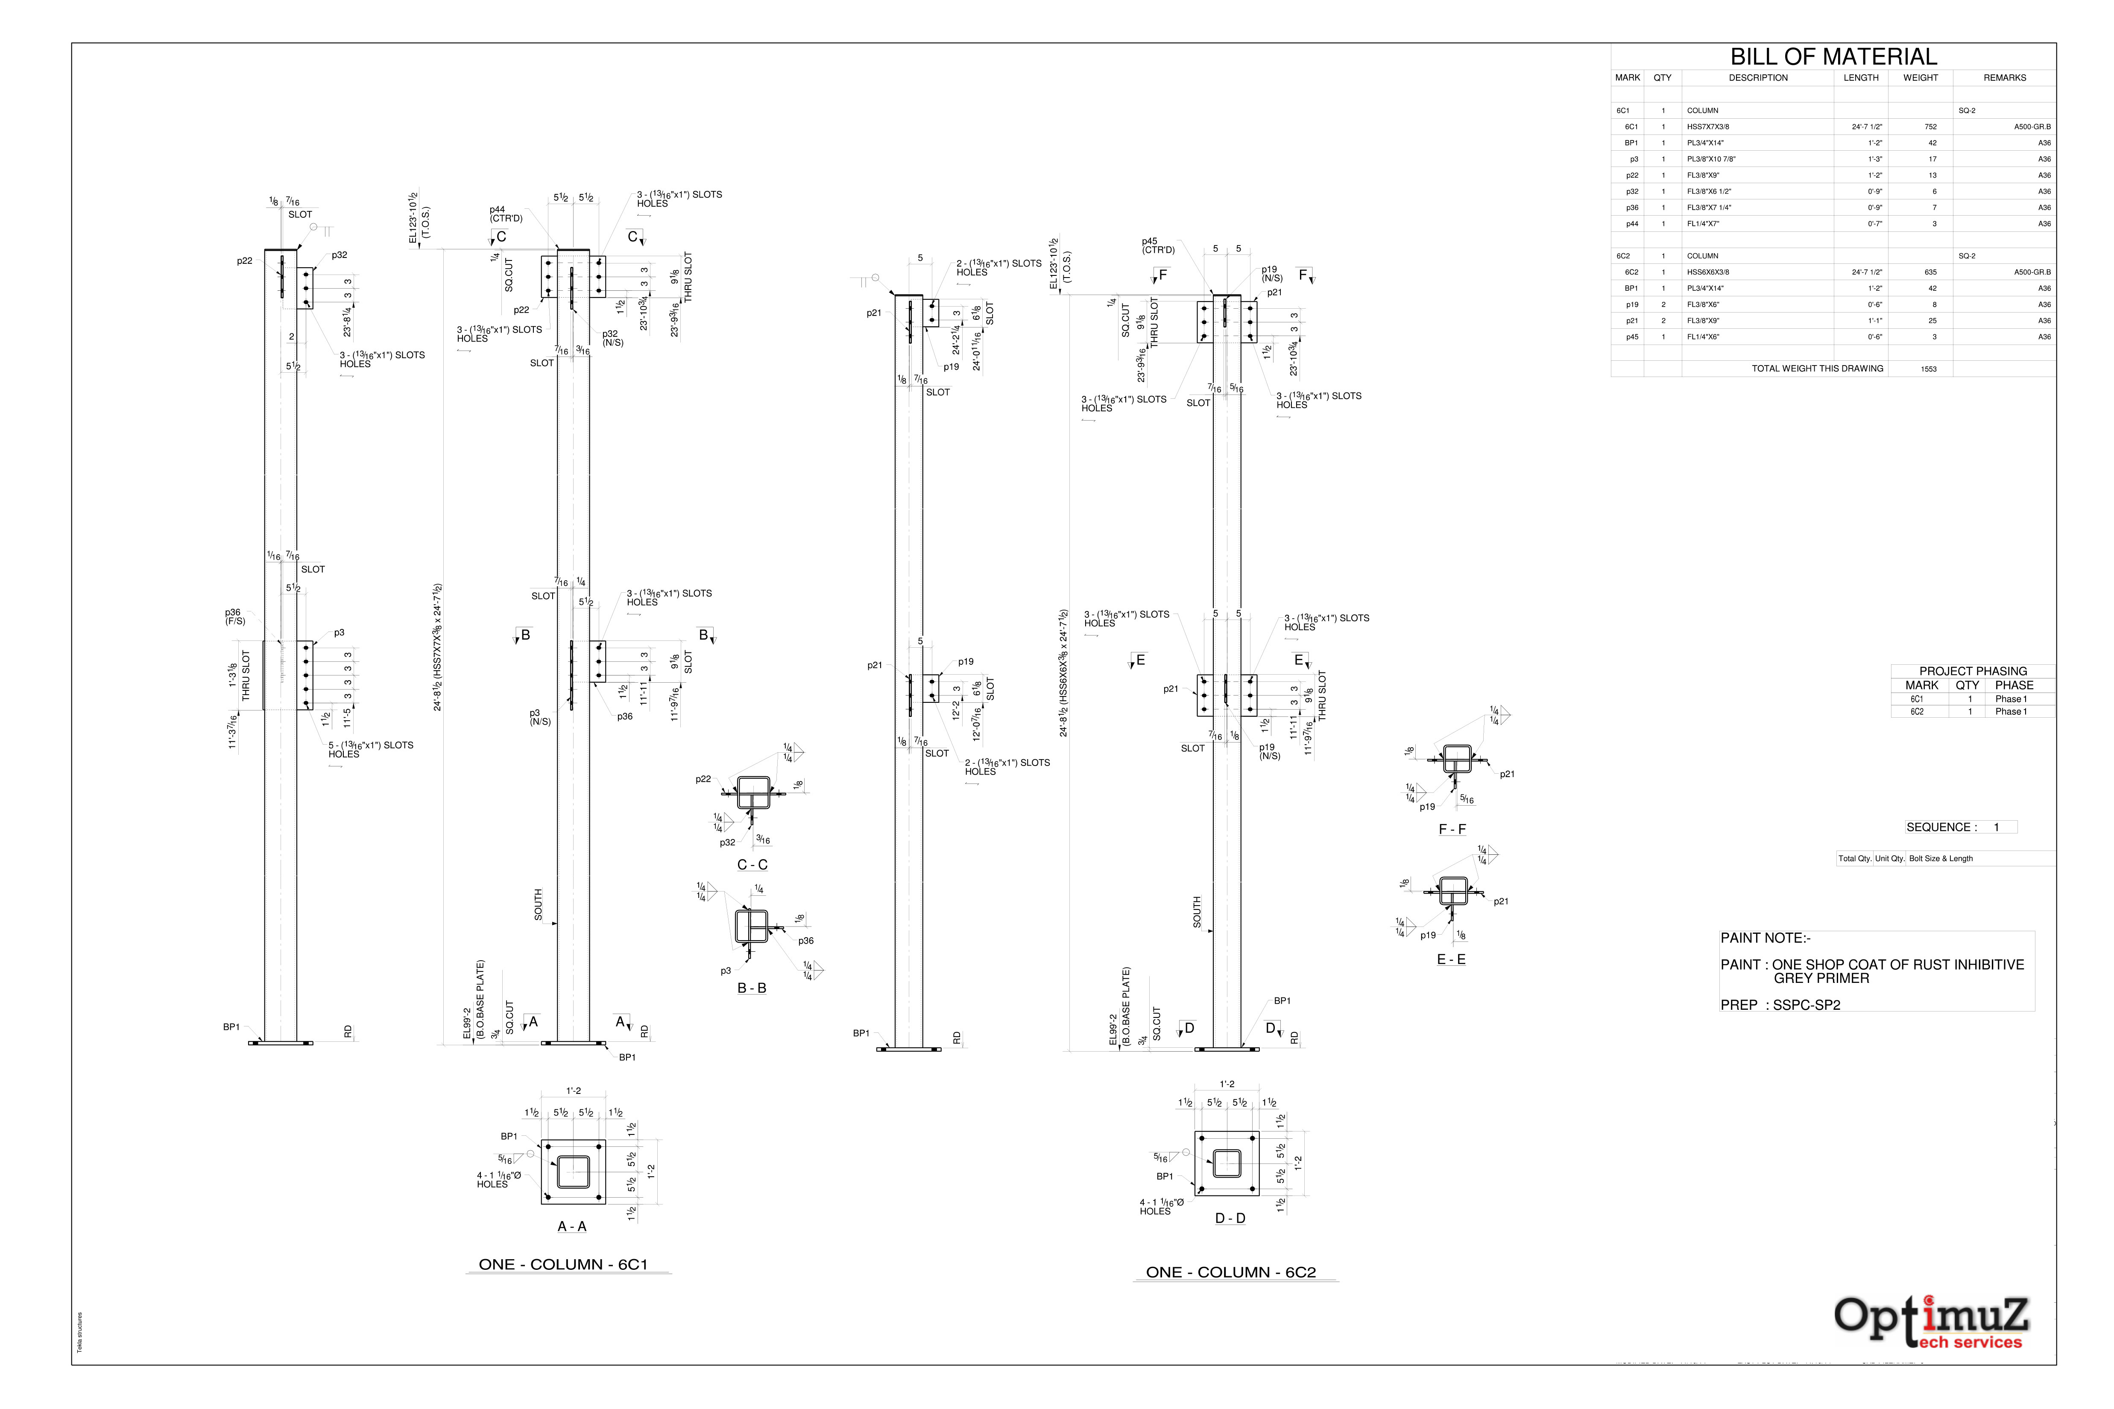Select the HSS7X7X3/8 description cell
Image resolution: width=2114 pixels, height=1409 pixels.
click(1708, 127)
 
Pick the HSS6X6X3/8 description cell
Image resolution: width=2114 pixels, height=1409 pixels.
click(1708, 272)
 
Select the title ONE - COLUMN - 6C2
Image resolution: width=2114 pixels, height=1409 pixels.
click(1230, 1272)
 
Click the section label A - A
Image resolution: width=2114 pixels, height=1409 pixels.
click(572, 1227)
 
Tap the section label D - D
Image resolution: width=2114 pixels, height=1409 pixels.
click(1230, 1219)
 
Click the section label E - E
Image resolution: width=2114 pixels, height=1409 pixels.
click(1451, 960)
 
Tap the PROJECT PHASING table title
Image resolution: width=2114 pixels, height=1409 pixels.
click(1973, 671)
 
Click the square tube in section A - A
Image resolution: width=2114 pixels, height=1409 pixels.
click(574, 1172)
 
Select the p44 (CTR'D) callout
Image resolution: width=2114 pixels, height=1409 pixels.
click(505, 214)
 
